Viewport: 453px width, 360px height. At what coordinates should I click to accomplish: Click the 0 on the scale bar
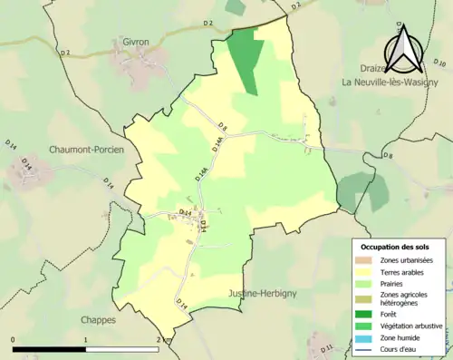(x=13, y=341)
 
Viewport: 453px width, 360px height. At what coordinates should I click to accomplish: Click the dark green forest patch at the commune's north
(x=246, y=57)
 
